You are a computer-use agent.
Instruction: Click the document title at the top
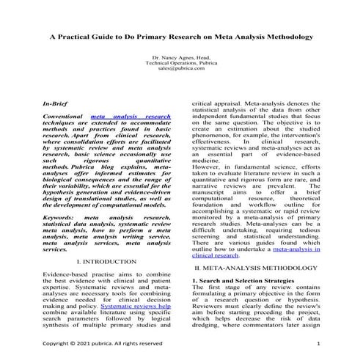point(181,36)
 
